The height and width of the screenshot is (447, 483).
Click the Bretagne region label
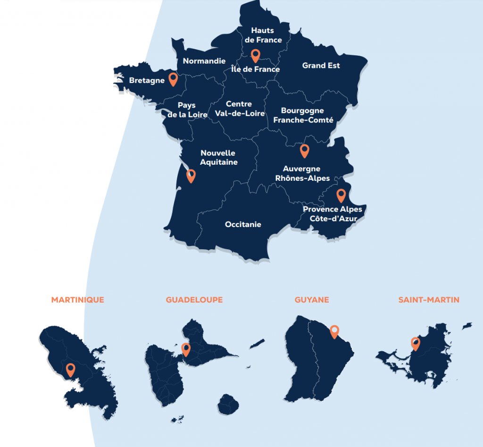(147, 81)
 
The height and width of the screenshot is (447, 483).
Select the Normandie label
(204, 61)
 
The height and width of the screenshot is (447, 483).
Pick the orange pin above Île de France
(255, 56)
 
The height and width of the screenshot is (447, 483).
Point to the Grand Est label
(321, 66)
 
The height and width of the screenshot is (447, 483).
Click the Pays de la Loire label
(188, 110)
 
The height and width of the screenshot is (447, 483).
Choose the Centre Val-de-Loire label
(240, 109)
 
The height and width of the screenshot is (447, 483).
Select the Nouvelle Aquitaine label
(218, 158)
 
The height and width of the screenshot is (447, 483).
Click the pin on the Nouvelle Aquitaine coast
(191, 176)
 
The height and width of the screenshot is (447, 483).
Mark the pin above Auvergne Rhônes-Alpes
(305, 151)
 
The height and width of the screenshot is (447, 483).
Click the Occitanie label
(243, 225)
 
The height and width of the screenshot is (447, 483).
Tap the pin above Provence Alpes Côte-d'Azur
(341, 195)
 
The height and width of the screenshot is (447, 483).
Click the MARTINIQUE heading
(78, 300)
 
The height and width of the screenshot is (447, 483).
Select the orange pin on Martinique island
(71, 370)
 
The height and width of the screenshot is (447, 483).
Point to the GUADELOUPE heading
(194, 300)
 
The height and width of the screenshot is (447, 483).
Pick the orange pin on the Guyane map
(334, 332)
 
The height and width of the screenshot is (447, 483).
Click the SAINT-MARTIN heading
(429, 300)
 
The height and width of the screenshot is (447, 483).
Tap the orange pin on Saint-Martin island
(416, 343)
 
